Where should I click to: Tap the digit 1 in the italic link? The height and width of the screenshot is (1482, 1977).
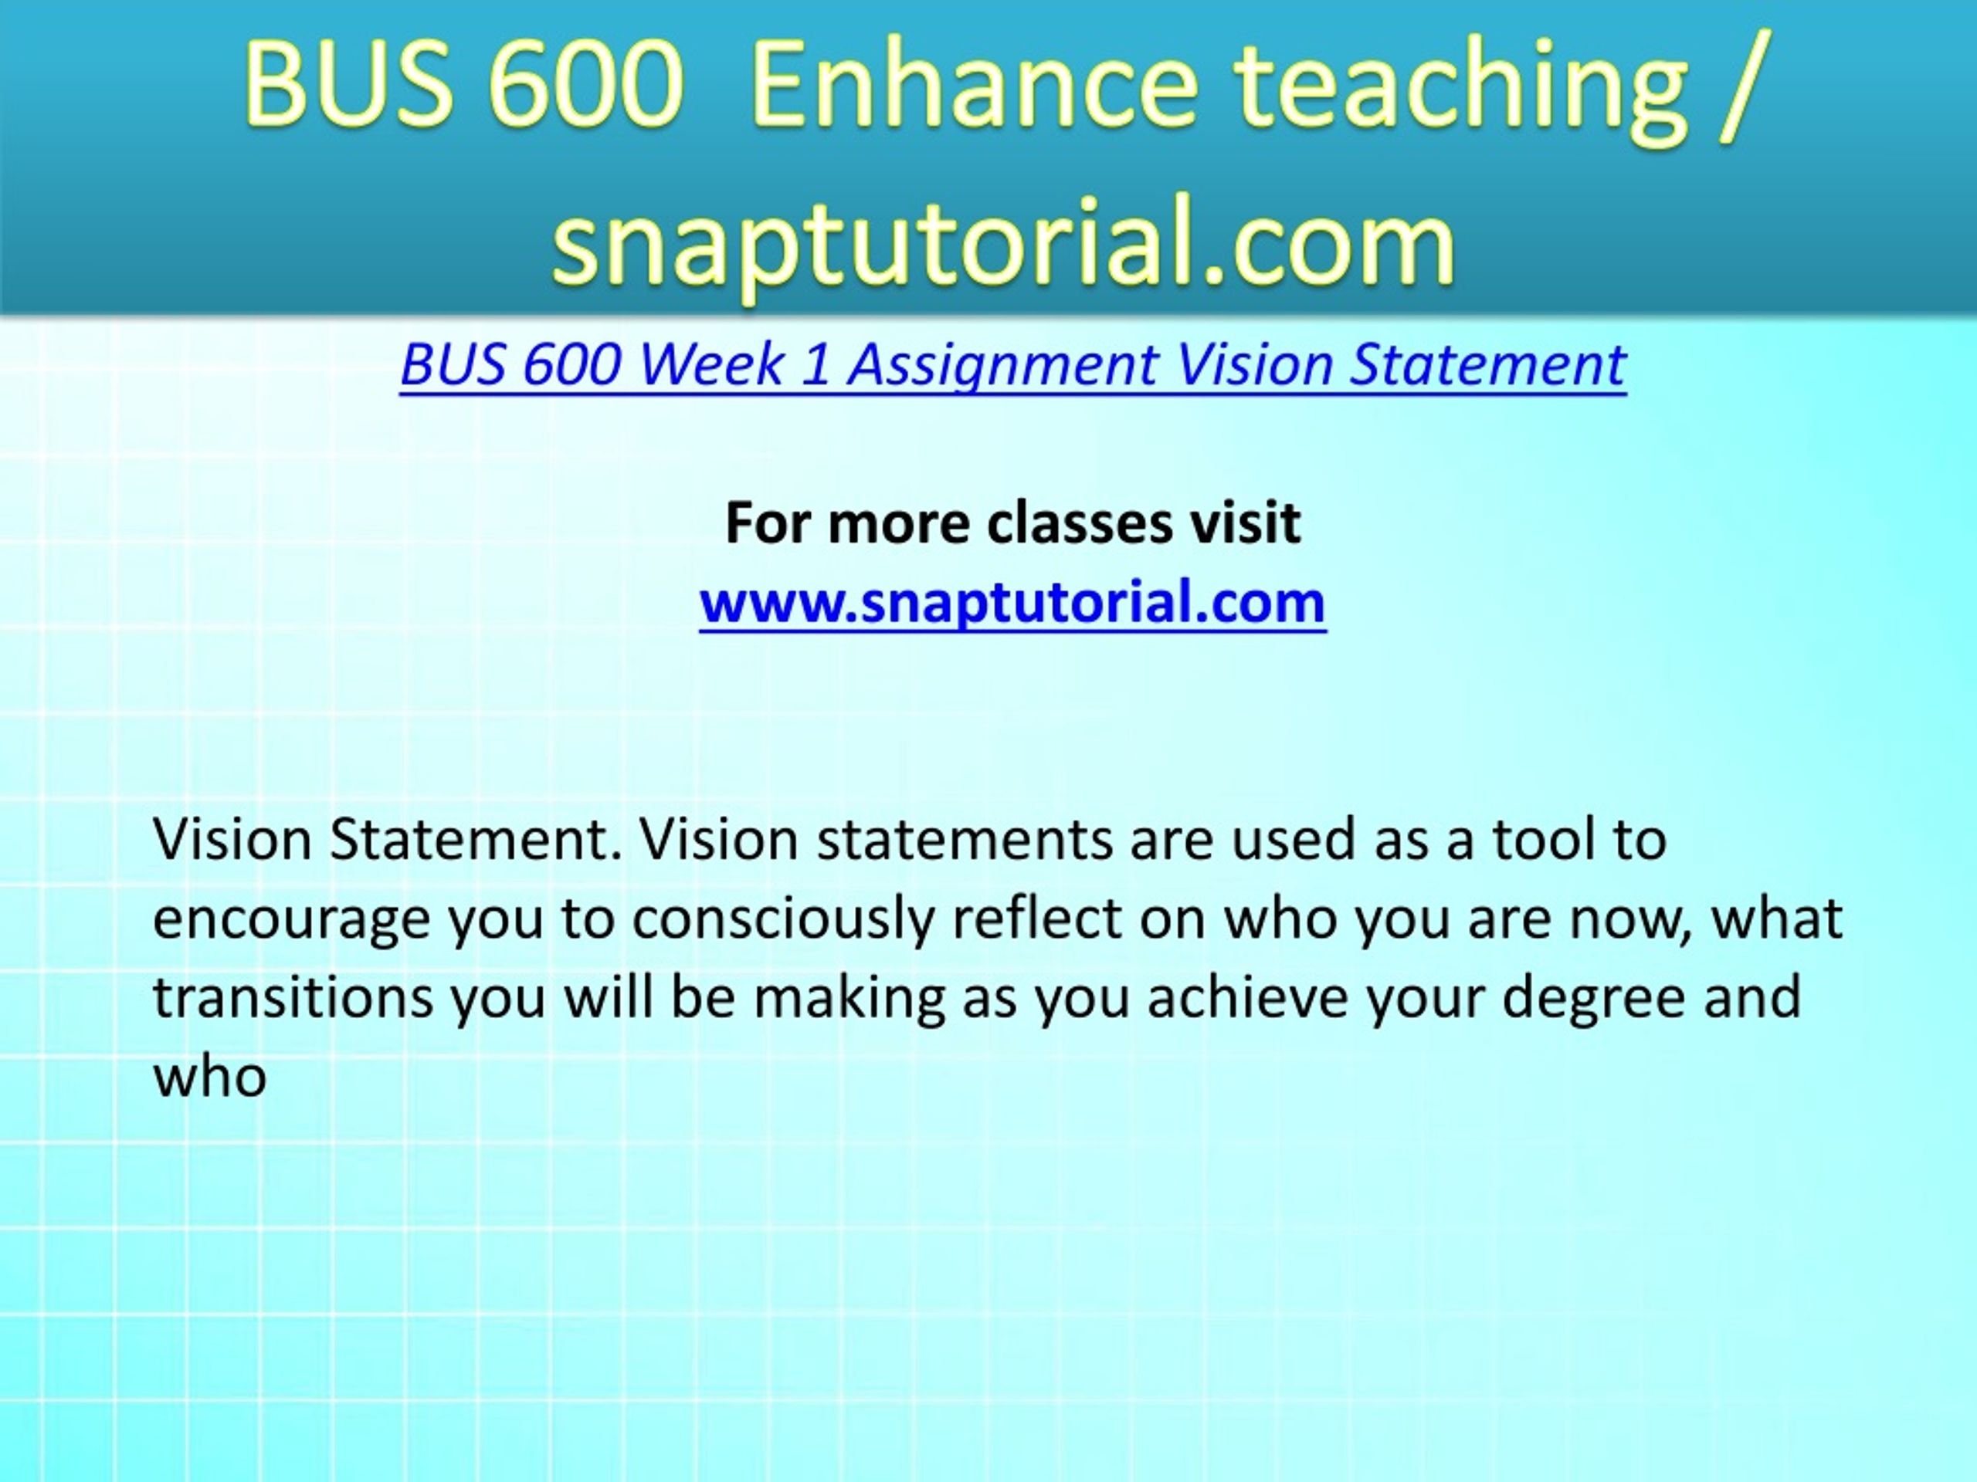click(x=814, y=365)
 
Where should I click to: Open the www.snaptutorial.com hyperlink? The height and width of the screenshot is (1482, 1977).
click(x=1012, y=604)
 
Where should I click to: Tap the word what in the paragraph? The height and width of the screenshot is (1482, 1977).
click(x=1777, y=918)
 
